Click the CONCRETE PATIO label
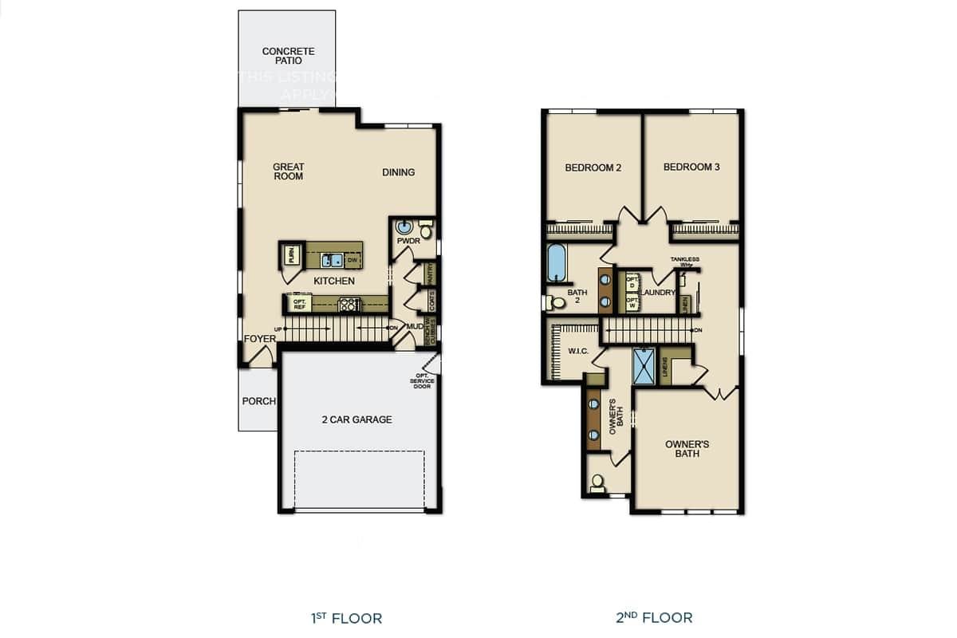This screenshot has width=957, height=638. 288,56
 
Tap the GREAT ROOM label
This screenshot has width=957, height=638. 288,171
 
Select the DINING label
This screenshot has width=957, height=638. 398,172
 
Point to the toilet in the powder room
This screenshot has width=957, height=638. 425,231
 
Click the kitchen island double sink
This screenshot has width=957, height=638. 333,260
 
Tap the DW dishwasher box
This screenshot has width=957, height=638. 352,260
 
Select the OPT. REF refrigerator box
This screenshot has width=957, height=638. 299,303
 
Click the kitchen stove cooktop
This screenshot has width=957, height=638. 349,303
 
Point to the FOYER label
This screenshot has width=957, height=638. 260,339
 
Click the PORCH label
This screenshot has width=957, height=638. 258,401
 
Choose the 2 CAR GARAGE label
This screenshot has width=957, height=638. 356,419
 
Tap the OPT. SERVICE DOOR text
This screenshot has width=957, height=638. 422,381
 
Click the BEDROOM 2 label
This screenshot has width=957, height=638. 593,167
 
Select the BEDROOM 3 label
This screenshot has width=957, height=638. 691,167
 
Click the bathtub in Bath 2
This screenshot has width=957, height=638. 556,262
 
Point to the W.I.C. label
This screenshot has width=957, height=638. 577,351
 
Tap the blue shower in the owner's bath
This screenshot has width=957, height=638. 644,367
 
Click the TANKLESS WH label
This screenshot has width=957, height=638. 684,262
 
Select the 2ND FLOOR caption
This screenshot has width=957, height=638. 653,617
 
